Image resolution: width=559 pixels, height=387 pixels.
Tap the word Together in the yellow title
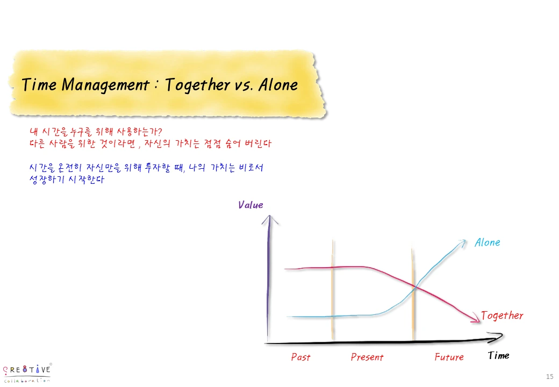click(x=196, y=85)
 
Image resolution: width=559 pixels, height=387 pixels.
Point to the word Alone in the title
click(x=278, y=85)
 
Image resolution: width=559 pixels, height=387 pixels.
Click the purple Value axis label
click(x=250, y=205)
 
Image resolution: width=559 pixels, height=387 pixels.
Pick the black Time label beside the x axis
click(x=498, y=355)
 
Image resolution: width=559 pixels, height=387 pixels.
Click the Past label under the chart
click(x=300, y=357)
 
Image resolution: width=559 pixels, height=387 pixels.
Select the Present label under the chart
click(x=367, y=357)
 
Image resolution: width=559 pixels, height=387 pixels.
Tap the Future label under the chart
click(x=449, y=357)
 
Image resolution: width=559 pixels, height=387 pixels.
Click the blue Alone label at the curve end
click(x=487, y=242)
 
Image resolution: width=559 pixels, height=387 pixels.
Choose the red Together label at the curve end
click(x=502, y=316)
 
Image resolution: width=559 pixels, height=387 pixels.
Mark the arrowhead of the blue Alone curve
click(x=463, y=242)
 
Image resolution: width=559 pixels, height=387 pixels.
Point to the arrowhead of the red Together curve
click(x=476, y=320)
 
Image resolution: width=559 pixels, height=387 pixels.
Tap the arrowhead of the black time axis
click(x=498, y=336)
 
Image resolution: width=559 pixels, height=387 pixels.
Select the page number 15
click(x=549, y=376)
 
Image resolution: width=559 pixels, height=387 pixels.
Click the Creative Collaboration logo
click(x=27, y=372)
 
